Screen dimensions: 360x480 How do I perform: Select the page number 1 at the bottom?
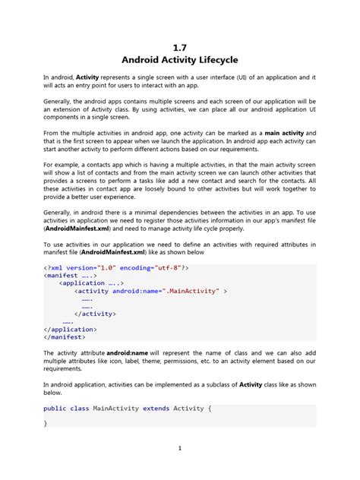180,447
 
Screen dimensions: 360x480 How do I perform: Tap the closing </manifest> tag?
65,336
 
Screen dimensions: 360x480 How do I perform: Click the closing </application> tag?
71,329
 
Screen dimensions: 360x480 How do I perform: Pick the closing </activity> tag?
94,314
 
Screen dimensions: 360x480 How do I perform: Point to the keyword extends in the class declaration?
154,409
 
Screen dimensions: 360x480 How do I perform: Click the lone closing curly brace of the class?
46,423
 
